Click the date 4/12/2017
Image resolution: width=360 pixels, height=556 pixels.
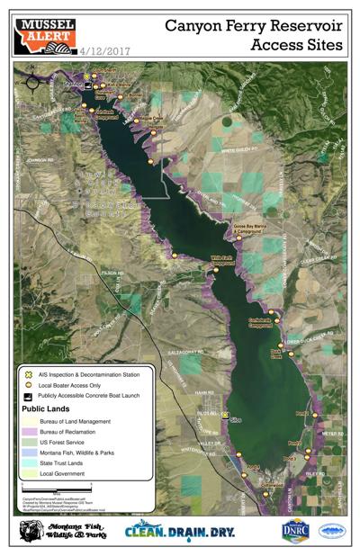click(105, 52)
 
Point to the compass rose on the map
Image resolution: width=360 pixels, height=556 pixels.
click(32, 82)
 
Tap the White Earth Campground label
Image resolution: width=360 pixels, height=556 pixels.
click(221, 261)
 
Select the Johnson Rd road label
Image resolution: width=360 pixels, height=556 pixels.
click(43, 161)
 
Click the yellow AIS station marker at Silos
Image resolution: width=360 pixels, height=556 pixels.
click(225, 415)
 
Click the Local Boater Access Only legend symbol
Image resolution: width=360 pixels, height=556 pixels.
click(30, 384)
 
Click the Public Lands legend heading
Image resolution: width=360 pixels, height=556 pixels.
click(50, 408)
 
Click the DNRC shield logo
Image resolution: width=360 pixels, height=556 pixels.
click(294, 532)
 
